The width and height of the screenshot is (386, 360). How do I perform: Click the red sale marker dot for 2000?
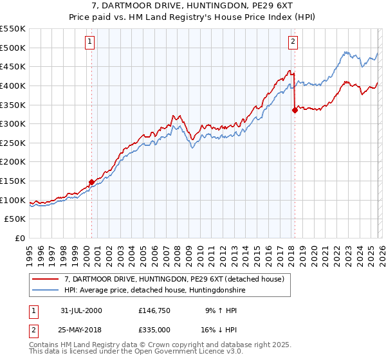(92, 182)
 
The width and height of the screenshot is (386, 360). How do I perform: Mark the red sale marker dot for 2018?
(295, 110)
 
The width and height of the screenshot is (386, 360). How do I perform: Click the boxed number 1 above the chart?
(89, 42)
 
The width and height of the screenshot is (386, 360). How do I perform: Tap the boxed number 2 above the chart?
(293, 42)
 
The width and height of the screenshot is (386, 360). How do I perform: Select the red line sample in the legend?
(45, 278)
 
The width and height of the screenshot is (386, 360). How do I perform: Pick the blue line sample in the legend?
(45, 290)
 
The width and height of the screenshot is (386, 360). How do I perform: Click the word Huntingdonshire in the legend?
(207, 290)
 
